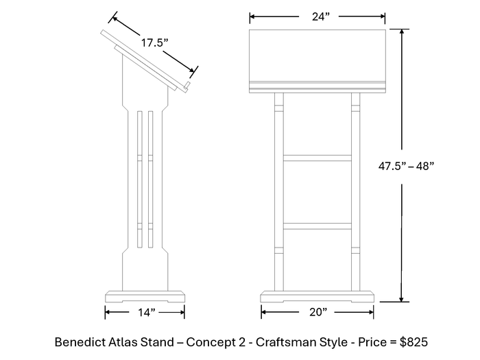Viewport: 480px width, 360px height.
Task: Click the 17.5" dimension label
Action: [x=155, y=43]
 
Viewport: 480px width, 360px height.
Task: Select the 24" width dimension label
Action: [x=317, y=17]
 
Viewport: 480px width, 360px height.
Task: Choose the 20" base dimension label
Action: [x=317, y=313]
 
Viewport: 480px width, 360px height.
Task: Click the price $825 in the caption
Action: [x=412, y=341]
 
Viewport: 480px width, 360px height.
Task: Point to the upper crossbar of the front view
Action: [x=317, y=158]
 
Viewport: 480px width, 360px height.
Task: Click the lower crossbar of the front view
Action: [x=317, y=226]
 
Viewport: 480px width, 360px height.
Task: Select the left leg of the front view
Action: [x=279, y=192]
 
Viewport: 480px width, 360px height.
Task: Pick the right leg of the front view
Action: [x=355, y=192]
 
